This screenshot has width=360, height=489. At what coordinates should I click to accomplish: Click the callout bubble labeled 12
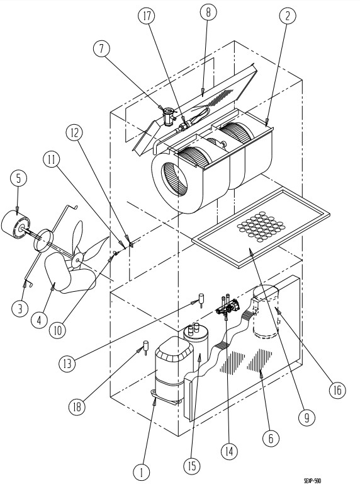click(74, 134)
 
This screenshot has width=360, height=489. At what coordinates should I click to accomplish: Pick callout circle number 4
click(39, 320)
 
